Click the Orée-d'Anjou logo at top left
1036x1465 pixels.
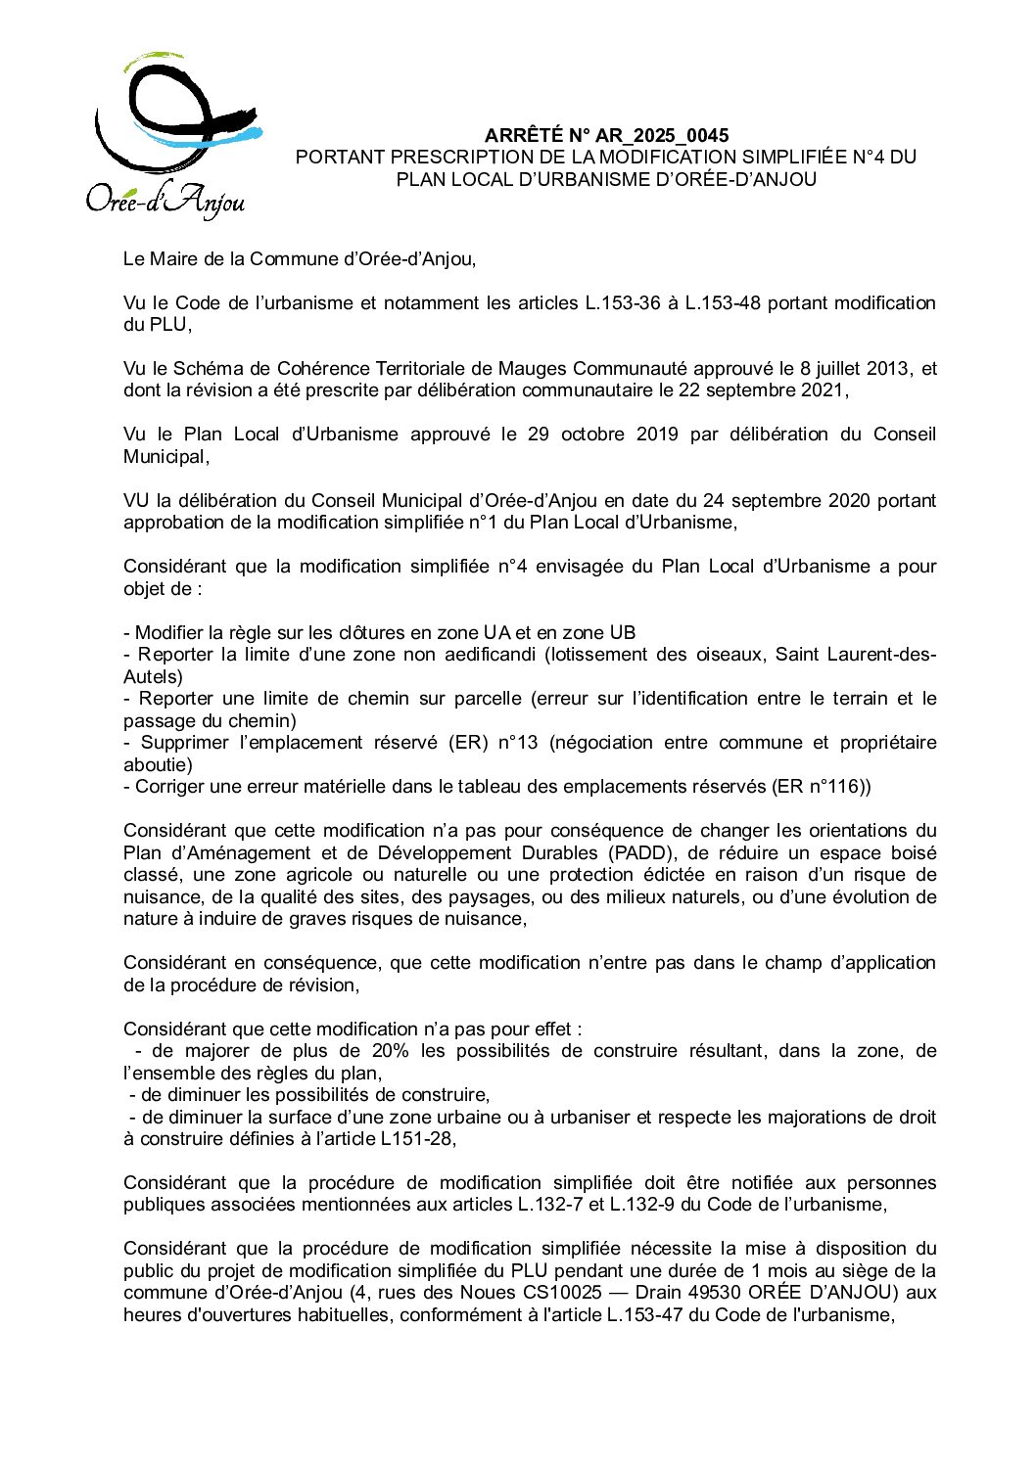[x=172, y=135]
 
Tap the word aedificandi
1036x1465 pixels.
[x=489, y=654]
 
